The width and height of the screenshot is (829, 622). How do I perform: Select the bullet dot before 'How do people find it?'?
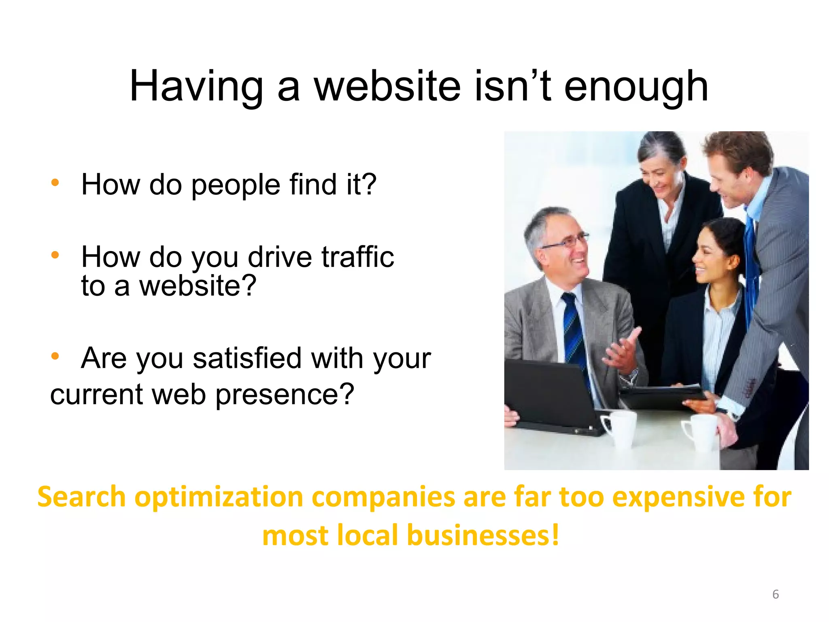tap(55, 183)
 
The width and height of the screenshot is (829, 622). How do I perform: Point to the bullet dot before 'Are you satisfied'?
tap(55, 356)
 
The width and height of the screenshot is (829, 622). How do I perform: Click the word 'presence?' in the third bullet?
tap(285, 394)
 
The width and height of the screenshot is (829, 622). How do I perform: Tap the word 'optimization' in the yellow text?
tap(219, 497)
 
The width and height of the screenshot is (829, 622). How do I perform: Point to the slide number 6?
tap(775, 594)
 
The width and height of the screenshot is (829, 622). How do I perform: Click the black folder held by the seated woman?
tap(664, 395)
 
